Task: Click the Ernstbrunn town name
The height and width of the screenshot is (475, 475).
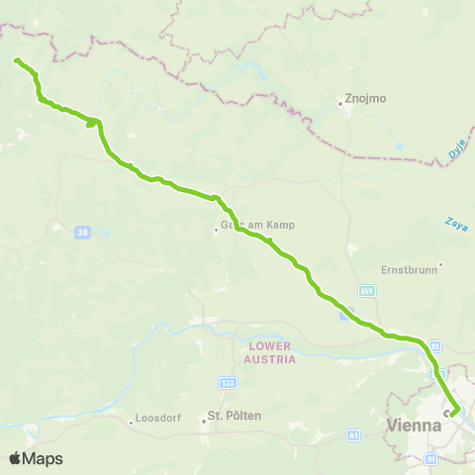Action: point(407,268)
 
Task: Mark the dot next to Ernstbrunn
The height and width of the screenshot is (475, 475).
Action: point(440,263)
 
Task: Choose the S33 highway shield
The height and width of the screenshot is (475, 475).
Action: point(228,381)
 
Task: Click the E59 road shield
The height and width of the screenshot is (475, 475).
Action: point(366,290)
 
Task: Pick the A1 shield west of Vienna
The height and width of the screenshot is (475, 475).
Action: point(353,433)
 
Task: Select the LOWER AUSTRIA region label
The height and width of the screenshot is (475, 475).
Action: point(272,352)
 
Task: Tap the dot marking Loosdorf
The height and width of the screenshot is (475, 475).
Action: point(132,421)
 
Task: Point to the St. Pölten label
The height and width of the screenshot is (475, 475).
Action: point(234,417)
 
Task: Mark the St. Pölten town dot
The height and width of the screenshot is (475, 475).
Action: point(204,421)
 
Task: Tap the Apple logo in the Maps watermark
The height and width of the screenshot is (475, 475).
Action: point(16,458)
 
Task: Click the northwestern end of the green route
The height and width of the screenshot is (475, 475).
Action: point(16,61)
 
